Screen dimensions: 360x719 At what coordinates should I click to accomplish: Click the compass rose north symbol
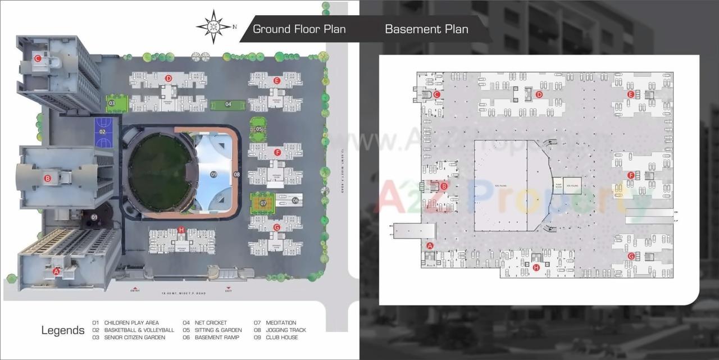click(214, 26)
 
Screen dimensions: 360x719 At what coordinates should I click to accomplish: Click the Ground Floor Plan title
click(299, 29)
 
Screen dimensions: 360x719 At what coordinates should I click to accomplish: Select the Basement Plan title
click(426, 29)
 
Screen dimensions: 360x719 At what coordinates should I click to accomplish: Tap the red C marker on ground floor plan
click(38, 58)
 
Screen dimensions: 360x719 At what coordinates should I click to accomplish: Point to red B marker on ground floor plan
click(48, 179)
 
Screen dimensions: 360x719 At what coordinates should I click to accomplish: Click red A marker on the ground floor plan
click(56, 271)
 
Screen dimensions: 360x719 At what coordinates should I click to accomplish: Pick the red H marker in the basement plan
click(536, 268)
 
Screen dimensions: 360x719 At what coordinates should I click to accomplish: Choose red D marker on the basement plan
click(539, 94)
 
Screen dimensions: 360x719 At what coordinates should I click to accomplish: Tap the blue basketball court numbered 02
click(102, 132)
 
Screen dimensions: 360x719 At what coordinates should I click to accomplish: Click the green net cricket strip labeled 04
click(228, 104)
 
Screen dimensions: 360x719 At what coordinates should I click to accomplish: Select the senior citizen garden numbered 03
click(112, 103)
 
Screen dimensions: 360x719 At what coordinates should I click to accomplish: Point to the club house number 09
click(213, 175)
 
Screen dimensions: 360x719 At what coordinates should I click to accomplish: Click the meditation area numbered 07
click(262, 203)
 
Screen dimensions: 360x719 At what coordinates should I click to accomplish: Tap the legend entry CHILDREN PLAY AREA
click(131, 323)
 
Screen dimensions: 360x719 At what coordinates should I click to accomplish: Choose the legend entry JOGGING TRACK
click(286, 330)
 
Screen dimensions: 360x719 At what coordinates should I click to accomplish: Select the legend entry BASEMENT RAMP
click(216, 338)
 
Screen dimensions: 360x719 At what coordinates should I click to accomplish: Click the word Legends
click(63, 330)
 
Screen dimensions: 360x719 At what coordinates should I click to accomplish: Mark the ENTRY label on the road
click(135, 290)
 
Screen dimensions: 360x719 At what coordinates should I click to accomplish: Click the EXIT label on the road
click(228, 290)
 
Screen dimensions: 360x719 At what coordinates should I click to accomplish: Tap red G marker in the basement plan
click(631, 256)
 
